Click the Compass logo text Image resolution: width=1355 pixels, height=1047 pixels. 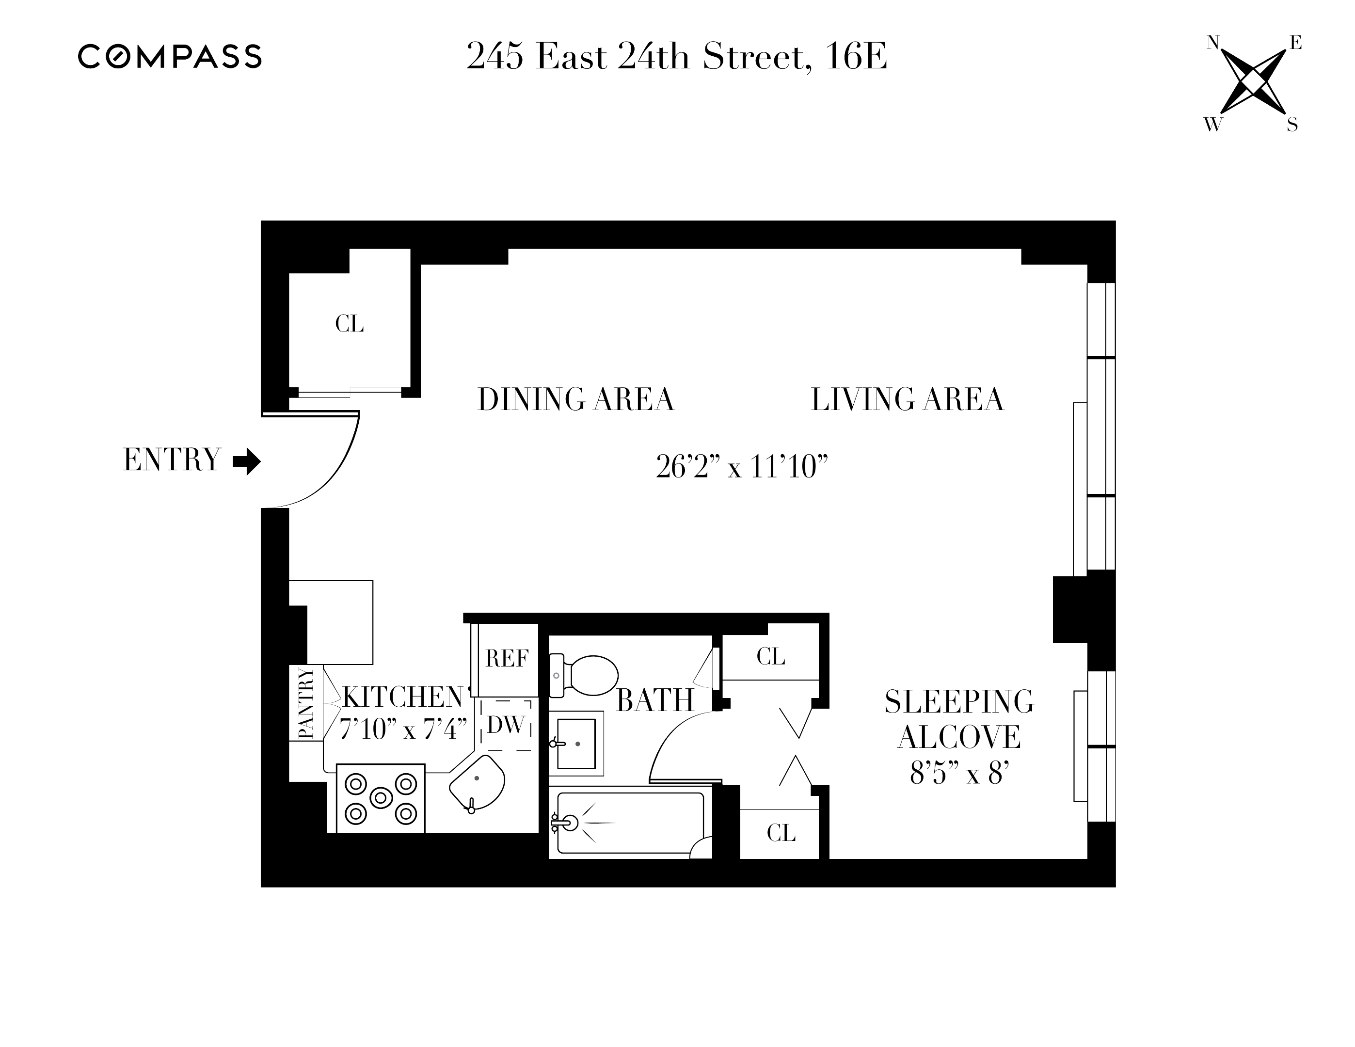click(169, 56)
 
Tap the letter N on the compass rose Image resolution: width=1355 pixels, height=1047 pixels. click(1213, 43)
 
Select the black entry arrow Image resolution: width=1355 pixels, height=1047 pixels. click(246, 461)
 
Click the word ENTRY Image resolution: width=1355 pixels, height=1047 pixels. click(172, 460)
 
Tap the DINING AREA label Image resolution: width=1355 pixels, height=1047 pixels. click(575, 399)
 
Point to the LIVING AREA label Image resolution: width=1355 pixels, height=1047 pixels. click(907, 399)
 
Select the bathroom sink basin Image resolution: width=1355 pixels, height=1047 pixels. click(576, 743)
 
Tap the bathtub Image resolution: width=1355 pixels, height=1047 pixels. click(630, 823)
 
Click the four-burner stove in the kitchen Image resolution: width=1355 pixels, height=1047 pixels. click(380, 798)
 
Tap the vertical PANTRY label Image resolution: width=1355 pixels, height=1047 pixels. click(306, 703)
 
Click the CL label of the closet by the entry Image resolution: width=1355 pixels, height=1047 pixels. click(350, 324)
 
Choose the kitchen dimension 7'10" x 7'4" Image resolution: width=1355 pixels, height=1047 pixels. click(403, 730)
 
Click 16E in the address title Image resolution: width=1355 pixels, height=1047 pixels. click(856, 57)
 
